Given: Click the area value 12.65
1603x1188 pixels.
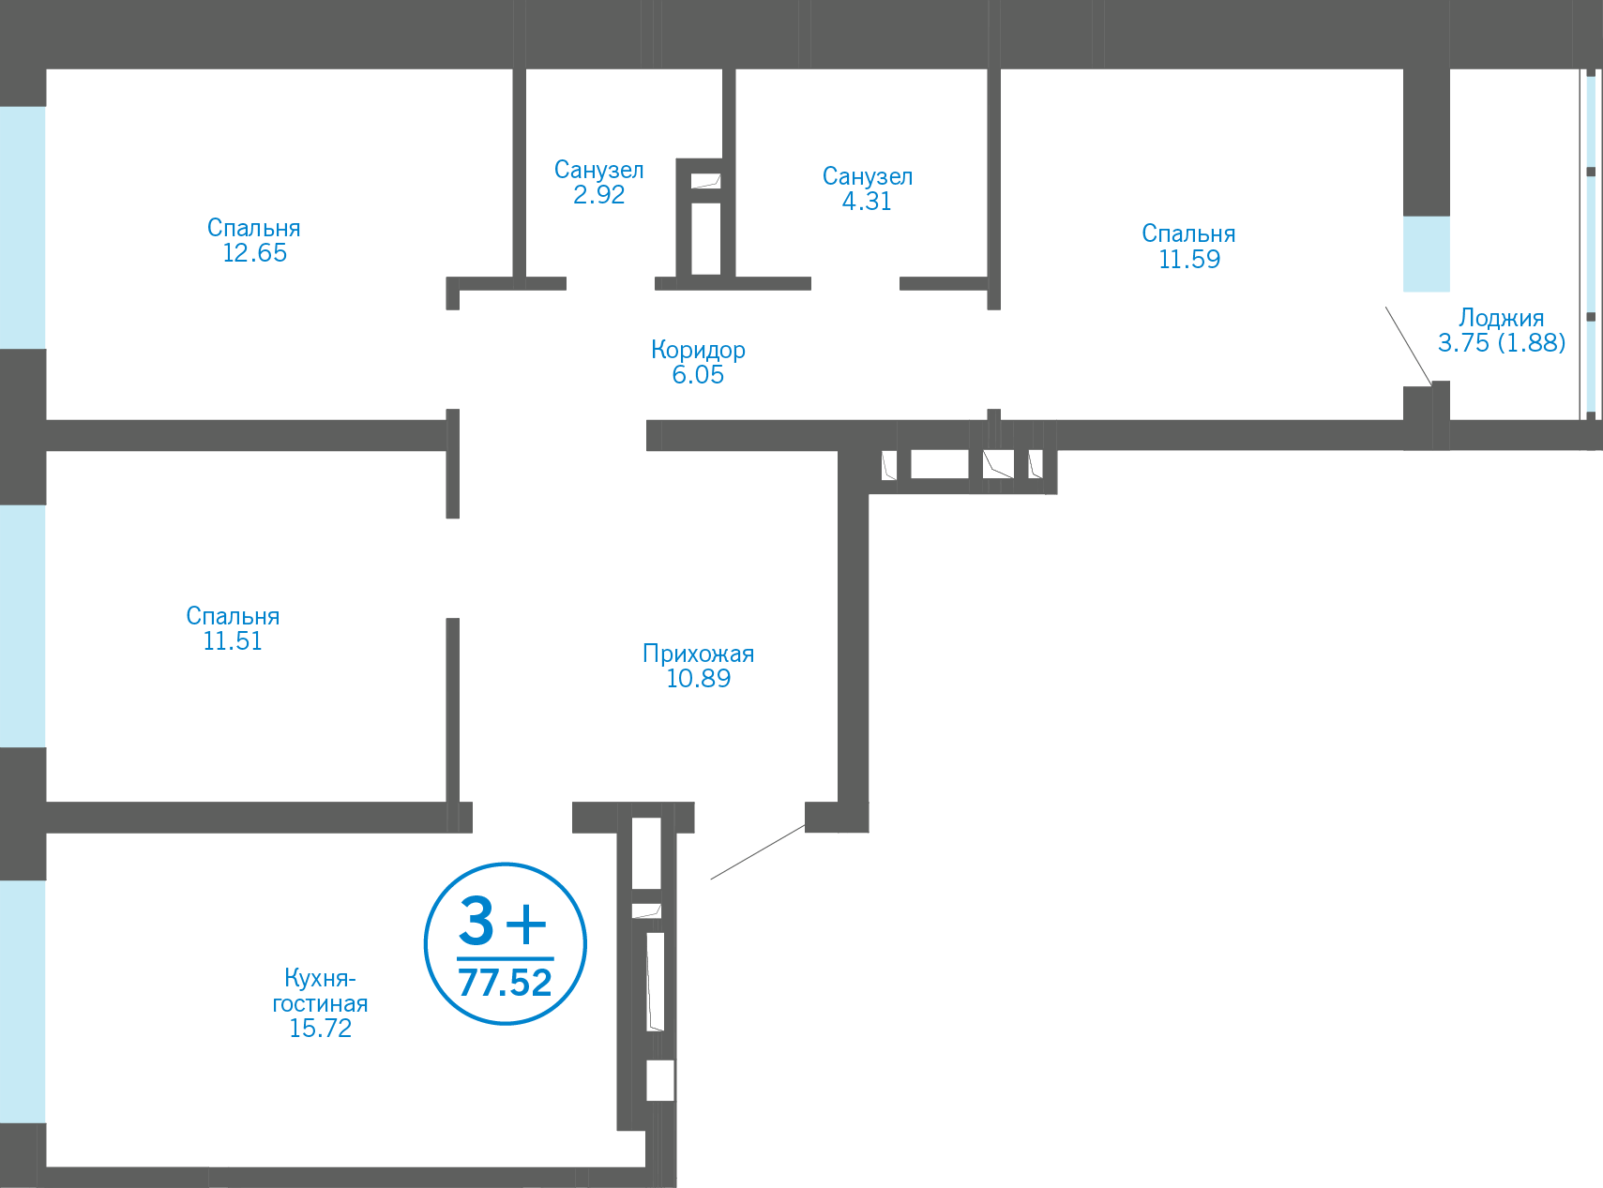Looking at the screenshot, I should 254,253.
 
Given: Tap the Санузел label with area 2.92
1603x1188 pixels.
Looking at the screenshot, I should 598,171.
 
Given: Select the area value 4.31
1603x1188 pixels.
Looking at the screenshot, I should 867,201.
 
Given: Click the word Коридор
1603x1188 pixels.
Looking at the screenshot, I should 698,350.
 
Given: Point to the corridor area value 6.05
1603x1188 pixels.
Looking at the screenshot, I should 698,375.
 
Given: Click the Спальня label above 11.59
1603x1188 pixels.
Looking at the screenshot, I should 1188,233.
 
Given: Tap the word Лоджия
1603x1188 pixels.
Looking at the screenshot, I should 1501,318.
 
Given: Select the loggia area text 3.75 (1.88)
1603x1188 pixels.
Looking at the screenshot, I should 1501,343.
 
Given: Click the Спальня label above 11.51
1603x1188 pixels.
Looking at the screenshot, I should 233,616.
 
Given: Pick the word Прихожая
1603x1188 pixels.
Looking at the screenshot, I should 698,654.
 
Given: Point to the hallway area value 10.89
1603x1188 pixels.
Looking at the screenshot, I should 698,679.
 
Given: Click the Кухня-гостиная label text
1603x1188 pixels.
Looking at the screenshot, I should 320,991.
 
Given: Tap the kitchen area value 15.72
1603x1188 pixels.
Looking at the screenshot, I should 320,1029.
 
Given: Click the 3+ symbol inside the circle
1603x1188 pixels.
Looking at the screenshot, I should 503,923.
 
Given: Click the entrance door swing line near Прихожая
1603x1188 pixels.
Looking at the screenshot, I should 757,852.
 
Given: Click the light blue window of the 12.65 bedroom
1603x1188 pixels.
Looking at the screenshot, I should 23,227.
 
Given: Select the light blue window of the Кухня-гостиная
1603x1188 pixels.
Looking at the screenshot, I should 23,1000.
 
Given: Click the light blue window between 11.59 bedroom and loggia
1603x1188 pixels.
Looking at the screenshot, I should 1426,254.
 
